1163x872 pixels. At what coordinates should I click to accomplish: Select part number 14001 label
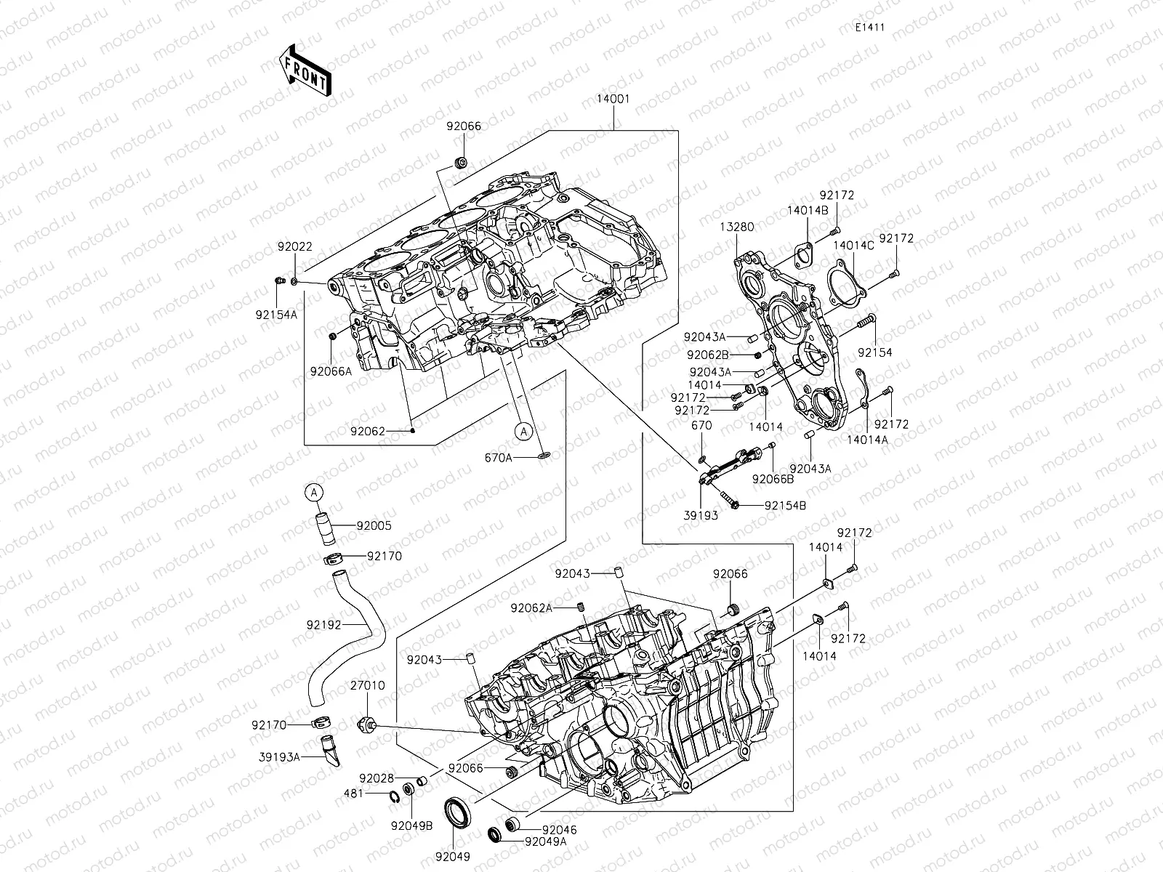614,100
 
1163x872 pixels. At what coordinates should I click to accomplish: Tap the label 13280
738,227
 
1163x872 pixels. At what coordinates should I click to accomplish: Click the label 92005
374,525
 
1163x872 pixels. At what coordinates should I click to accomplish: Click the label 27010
368,685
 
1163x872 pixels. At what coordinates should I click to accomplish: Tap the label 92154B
785,505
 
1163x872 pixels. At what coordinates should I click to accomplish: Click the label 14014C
853,246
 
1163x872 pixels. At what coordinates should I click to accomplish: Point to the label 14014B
807,210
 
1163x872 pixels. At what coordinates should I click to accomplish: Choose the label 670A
499,458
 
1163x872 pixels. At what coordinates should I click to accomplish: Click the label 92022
294,247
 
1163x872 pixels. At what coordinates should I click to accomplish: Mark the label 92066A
331,371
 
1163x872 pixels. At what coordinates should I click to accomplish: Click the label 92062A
531,607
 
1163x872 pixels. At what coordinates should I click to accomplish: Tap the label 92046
559,829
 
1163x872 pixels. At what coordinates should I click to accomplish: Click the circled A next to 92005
313,493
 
